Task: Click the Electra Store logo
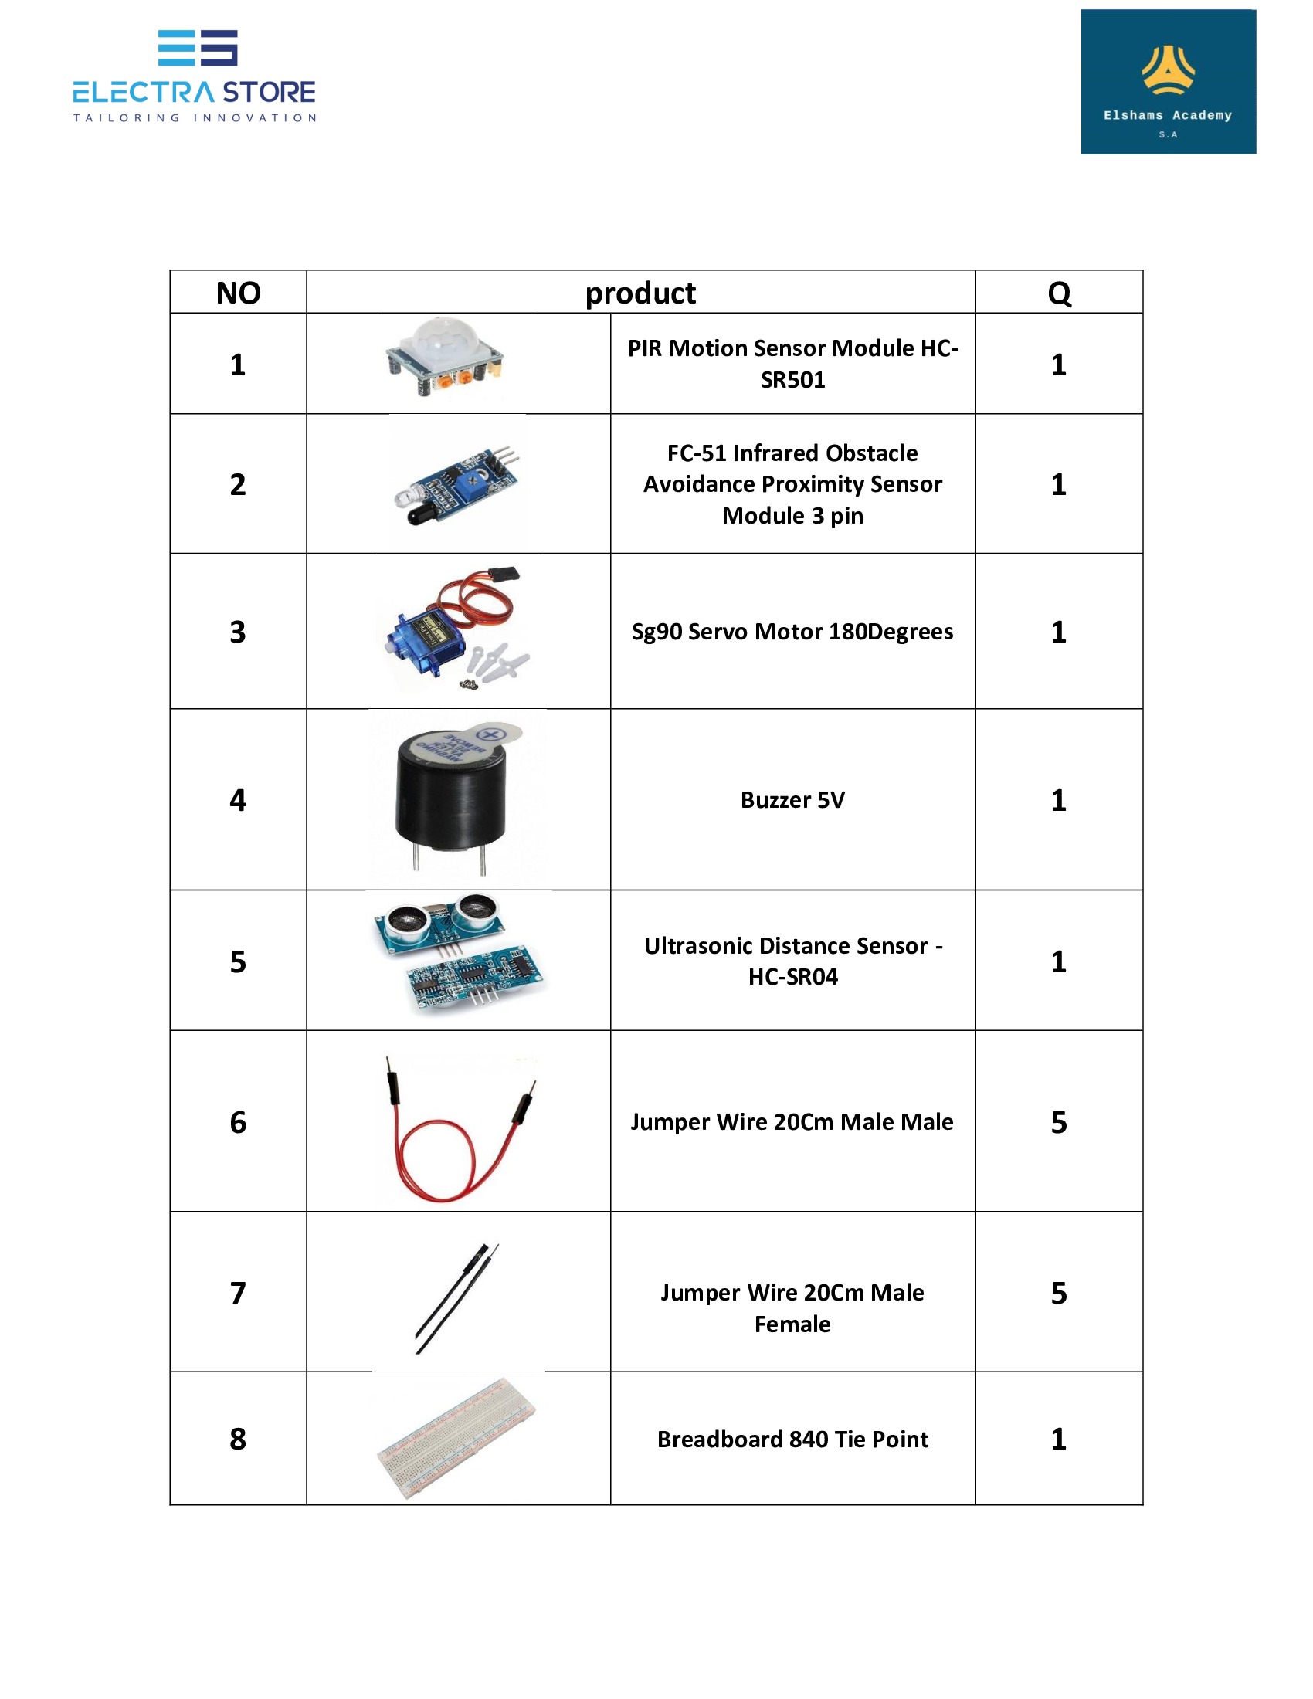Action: pyautogui.click(x=195, y=77)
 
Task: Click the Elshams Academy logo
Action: pyautogui.click(x=1168, y=82)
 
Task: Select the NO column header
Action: pyautogui.click(x=238, y=293)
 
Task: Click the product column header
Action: pyautogui.click(x=640, y=293)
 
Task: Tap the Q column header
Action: pyautogui.click(x=1059, y=293)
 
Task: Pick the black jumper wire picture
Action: pyautogui.click(x=457, y=1297)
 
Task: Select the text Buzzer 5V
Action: pyautogui.click(x=792, y=800)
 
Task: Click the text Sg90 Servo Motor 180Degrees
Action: pyautogui.click(x=792, y=632)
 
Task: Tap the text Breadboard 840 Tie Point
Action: pyautogui.click(x=792, y=1440)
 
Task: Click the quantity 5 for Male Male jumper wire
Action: pyautogui.click(x=1059, y=1122)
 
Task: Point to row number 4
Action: pyautogui.click(x=238, y=800)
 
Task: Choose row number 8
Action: pyautogui.click(x=238, y=1440)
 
